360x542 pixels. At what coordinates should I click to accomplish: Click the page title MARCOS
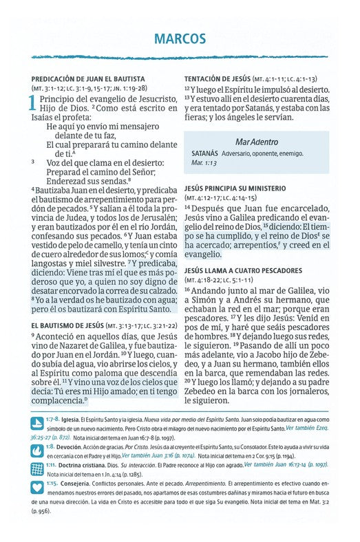coord(180,36)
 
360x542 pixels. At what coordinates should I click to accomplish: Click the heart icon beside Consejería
coord(36,488)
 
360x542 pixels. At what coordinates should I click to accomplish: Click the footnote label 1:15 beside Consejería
coord(52,484)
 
